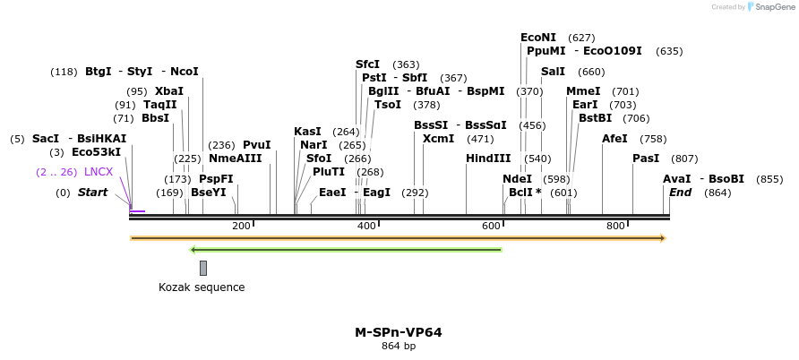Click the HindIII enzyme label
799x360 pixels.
(x=487, y=159)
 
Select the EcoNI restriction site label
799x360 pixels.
(x=537, y=38)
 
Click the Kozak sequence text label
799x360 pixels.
(x=202, y=287)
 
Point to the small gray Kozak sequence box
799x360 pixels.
(x=203, y=268)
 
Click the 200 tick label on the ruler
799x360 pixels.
(x=241, y=226)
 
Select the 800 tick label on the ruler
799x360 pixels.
(x=615, y=226)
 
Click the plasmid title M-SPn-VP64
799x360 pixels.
(x=398, y=332)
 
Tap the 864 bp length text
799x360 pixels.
(x=398, y=347)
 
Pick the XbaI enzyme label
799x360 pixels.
(x=168, y=91)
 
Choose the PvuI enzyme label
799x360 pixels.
(x=256, y=145)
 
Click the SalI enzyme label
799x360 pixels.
(x=553, y=72)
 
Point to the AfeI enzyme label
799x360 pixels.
(x=614, y=139)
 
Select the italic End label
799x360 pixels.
(x=680, y=193)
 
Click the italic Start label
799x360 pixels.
(x=92, y=193)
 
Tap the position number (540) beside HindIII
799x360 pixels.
(x=537, y=159)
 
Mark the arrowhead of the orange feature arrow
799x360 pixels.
(x=663, y=238)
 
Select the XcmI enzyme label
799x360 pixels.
(x=438, y=139)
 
